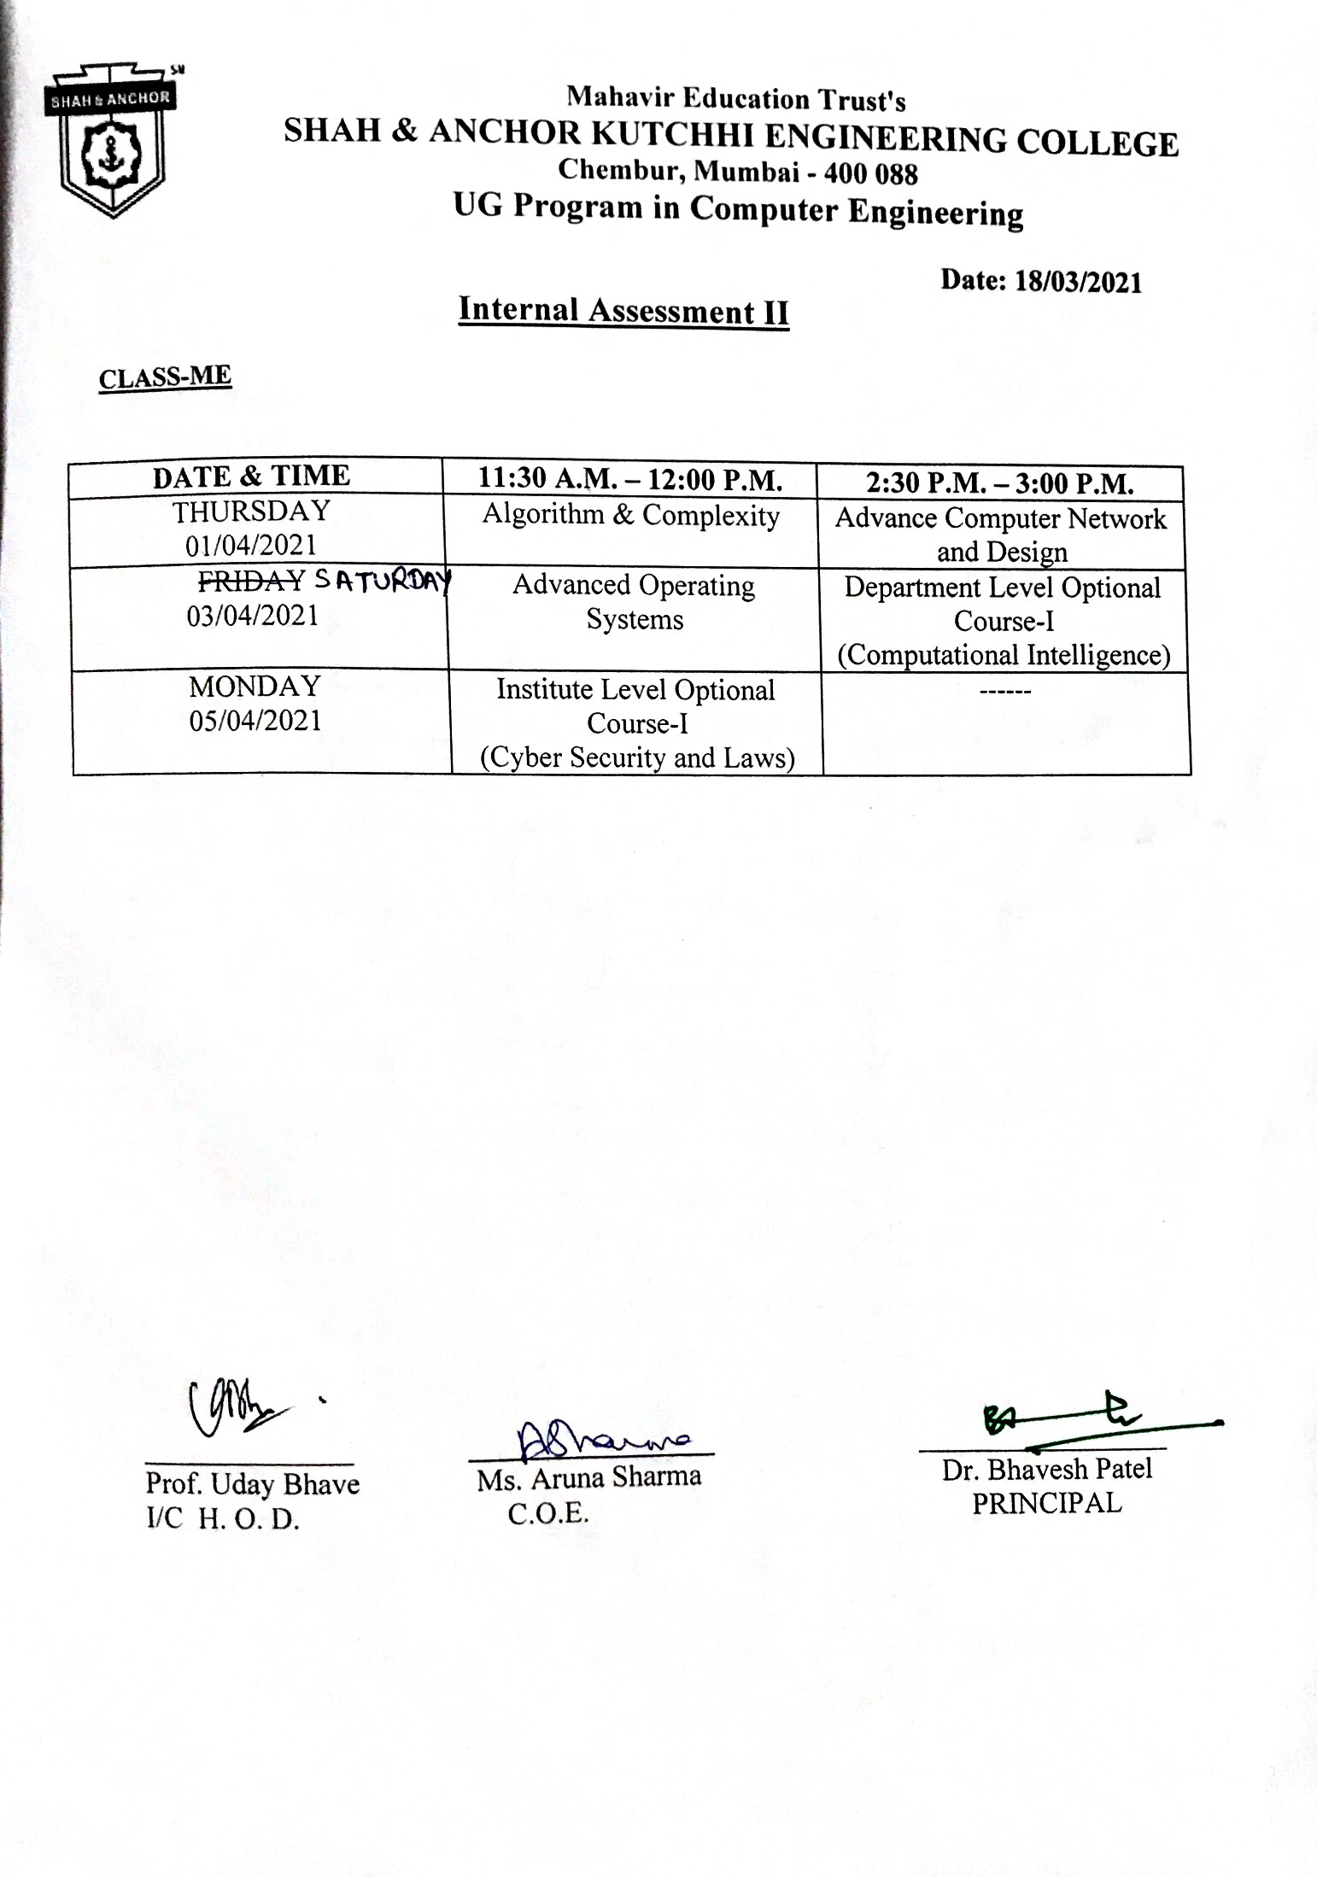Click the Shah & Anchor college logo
[x=111, y=141]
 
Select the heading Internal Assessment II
[x=623, y=311]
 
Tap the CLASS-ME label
[x=165, y=377]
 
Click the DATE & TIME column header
[x=251, y=477]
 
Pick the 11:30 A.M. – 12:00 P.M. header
[x=630, y=480]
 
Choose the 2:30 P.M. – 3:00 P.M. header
[x=999, y=484]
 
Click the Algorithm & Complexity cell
[x=630, y=516]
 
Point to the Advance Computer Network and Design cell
[x=1001, y=535]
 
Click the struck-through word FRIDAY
[x=251, y=581]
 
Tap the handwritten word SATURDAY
[x=382, y=582]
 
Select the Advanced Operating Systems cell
[x=634, y=602]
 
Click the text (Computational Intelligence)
[x=1004, y=655]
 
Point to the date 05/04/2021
[x=255, y=721]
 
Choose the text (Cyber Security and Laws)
[x=637, y=757]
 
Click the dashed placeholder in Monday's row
[x=1005, y=690]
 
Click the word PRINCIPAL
[x=1046, y=1504]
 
